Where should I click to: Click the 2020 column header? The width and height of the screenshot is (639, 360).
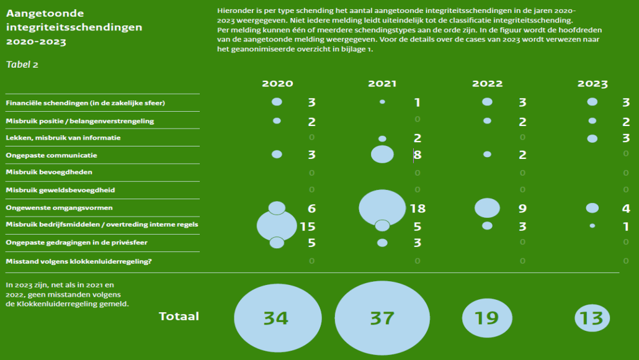click(x=277, y=84)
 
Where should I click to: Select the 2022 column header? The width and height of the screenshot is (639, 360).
click(x=487, y=84)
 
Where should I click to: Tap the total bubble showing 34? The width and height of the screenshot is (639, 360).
click(x=275, y=318)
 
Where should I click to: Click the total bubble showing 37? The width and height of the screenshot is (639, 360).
click(x=382, y=318)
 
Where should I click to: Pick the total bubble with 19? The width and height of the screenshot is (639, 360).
click(x=487, y=318)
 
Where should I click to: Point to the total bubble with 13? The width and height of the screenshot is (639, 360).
click(x=592, y=318)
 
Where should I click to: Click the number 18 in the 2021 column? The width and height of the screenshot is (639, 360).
click(x=418, y=209)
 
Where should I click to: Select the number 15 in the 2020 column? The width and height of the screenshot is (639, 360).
click(x=308, y=227)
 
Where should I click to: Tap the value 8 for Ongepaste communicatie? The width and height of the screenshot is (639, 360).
click(x=418, y=155)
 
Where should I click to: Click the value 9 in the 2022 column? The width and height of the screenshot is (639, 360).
click(x=522, y=209)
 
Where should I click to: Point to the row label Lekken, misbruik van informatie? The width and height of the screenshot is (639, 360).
click(x=63, y=137)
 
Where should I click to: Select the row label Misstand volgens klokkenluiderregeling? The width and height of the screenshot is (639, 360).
click(x=78, y=261)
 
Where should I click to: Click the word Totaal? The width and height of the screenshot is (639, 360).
click(x=179, y=317)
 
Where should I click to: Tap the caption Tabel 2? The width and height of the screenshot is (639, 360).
click(x=22, y=65)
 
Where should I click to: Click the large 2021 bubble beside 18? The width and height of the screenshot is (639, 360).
click(x=382, y=207)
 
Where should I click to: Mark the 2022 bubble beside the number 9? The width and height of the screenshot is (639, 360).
click(x=487, y=208)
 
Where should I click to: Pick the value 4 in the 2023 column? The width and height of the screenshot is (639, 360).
click(x=626, y=209)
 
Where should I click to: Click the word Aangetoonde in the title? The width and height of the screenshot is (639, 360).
click(x=45, y=13)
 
